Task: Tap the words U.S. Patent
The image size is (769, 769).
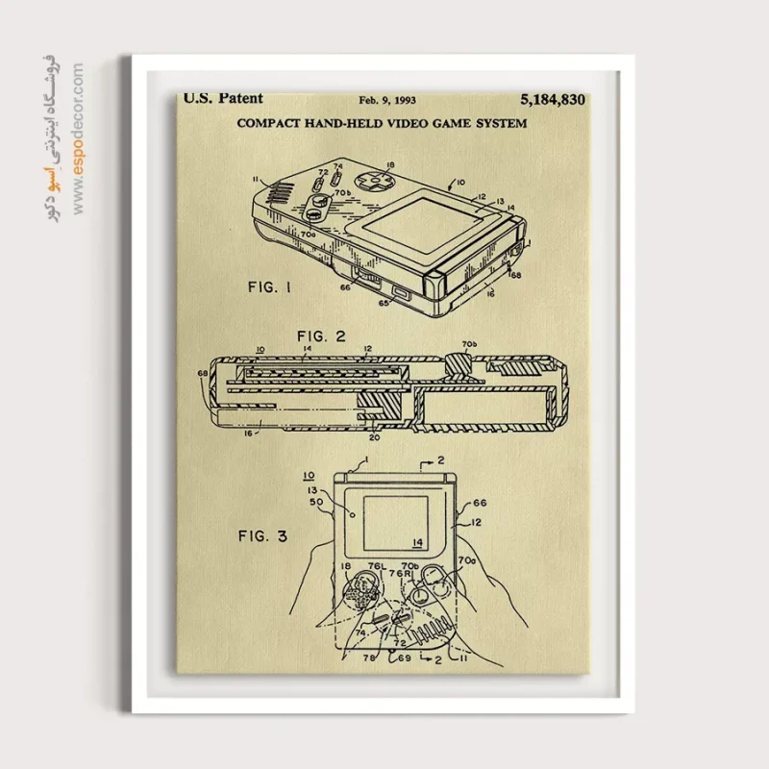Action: (x=223, y=98)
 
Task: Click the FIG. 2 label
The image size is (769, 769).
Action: (x=321, y=335)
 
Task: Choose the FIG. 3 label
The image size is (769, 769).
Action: (x=262, y=535)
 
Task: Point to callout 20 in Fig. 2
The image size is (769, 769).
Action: (x=374, y=435)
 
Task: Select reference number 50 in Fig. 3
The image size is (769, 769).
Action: (x=315, y=503)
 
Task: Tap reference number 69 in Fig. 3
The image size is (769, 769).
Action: (x=405, y=657)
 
